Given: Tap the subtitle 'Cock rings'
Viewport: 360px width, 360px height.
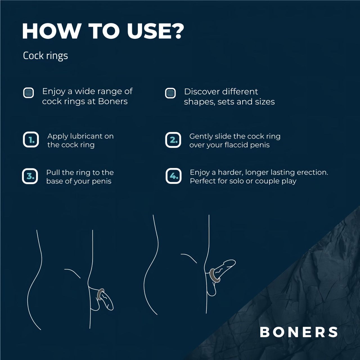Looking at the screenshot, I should [45, 56].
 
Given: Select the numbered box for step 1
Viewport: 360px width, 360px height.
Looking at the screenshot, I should [31, 139].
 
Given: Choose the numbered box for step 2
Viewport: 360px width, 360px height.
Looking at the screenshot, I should [173, 139].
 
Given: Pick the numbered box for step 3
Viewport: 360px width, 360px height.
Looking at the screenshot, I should [30, 176].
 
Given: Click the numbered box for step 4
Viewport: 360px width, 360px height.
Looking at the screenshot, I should [174, 176].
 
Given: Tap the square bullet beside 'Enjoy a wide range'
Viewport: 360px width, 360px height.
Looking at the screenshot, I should [28, 93].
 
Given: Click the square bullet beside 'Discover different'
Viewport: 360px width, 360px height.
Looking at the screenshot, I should [170, 93].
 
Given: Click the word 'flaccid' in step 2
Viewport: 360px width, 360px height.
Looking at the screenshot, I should [237, 145].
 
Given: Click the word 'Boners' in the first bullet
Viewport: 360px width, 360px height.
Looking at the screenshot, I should [113, 101].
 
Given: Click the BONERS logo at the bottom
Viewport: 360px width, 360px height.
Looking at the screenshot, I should [299, 332].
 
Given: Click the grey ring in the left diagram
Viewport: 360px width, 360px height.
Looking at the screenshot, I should [100, 294].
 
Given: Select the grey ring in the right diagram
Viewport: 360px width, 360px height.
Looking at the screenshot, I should [214, 276].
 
